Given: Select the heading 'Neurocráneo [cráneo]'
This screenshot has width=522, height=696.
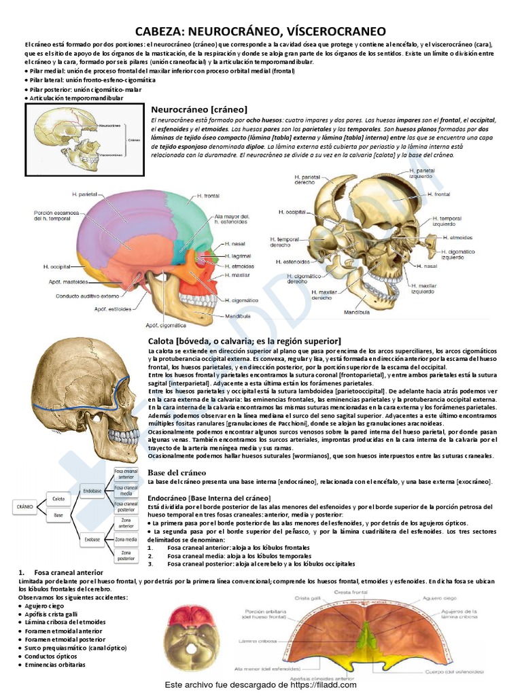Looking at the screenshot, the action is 198,109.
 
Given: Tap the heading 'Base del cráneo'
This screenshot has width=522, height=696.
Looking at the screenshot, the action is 177,472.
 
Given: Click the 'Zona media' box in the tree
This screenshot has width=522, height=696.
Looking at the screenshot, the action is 126,540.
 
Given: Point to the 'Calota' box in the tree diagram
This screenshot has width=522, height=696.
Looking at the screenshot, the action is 59,498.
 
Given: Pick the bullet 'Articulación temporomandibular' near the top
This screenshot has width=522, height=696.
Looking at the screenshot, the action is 75,98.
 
